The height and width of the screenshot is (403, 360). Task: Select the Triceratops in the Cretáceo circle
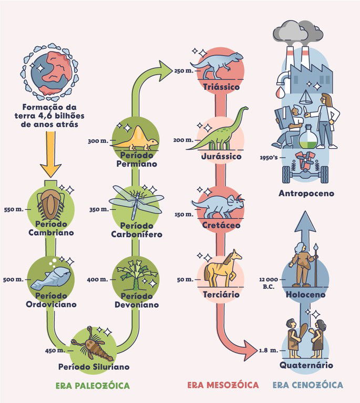[220, 205]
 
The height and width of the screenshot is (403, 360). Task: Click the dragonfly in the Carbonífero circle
[136, 203]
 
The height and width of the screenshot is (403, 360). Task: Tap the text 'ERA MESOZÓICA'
[223, 385]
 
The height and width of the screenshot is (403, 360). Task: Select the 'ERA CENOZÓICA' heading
[307, 385]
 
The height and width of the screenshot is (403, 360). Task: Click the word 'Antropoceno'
[306, 194]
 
